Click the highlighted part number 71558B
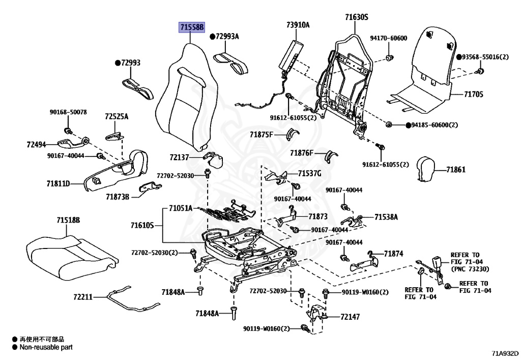[x=191, y=27]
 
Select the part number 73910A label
[x=298, y=24]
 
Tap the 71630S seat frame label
[x=356, y=17]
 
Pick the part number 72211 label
[x=82, y=296]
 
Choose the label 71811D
[x=58, y=183]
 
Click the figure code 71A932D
[x=505, y=352]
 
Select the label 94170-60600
[x=388, y=38]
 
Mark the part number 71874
[x=393, y=253]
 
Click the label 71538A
[x=386, y=217]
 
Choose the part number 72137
[x=179, y=158]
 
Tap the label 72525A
[x=117, y=117]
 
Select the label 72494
[x=36, y=145]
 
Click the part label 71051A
[x=181, y=208]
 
